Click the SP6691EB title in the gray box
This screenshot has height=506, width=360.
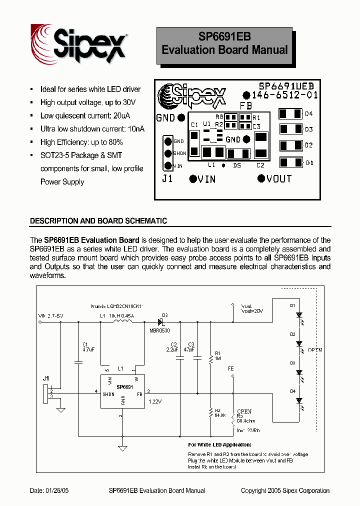[224, 37]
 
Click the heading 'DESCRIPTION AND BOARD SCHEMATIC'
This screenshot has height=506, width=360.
[98, 220]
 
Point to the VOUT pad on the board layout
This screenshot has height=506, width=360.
[261, 178]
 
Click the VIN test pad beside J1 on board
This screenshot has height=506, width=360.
[193, 178]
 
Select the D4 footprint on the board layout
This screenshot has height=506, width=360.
[290, 114]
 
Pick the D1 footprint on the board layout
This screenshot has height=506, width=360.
[290, 162]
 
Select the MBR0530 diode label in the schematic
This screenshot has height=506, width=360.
[160, 331]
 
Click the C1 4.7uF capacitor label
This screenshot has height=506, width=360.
[85, 347]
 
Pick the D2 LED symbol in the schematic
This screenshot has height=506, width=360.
[299, 343]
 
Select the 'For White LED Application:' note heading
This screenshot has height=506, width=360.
[219, 444]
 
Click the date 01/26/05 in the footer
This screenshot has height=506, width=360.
[49, 490]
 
